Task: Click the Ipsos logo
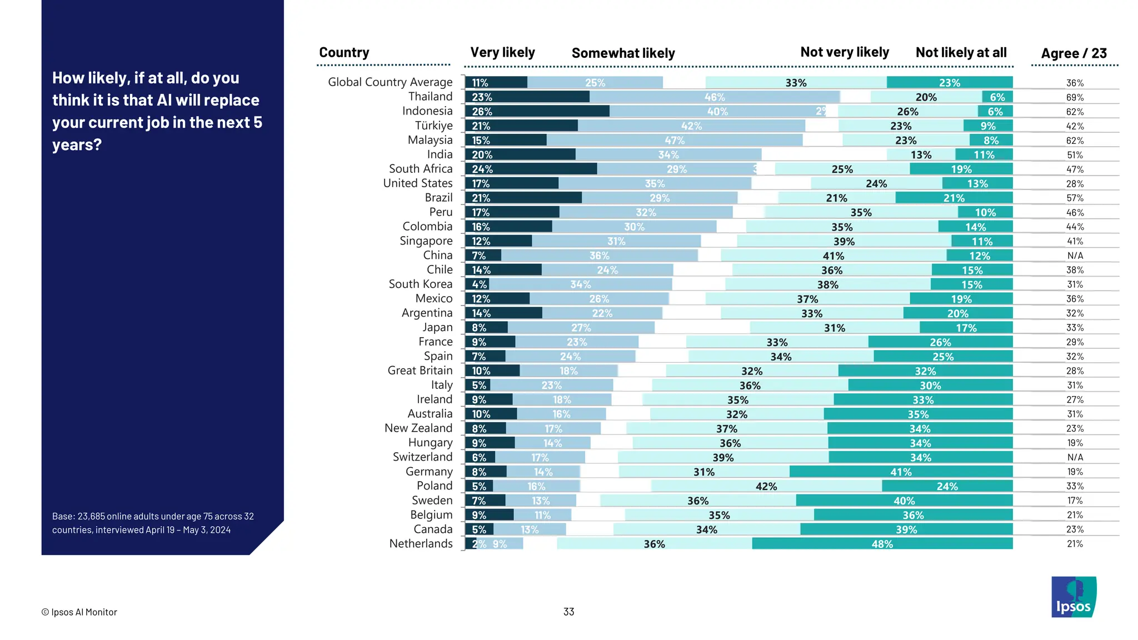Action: [x=1074, y=597]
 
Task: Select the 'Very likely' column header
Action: [x=502, y=52]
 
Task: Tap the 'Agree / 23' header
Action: [x=1074, y=53]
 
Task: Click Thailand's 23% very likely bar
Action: [x=527, y=97]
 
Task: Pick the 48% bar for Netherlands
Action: [x=882, y=543]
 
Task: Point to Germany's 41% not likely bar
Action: [x=901, y=472]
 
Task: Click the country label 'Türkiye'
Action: [x=433, y=126]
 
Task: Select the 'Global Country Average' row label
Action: [x=390, y=82]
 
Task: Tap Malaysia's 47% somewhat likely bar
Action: [x=675, y=140]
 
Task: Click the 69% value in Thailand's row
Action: [x=1075, y=97]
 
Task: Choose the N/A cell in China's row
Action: [x=1075, y=256]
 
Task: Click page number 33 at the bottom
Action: [x=568, y=612]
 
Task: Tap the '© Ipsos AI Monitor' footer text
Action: [x=79, y=612]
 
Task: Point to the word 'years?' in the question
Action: [x=77, y=144]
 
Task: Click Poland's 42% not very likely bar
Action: [x=766, y=486]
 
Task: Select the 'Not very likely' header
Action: [x=844, y=52]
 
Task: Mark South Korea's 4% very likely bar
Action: [x=477, y=284]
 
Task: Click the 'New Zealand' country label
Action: [x=418, y=428]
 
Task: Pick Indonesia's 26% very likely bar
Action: [x=537, y=111]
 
